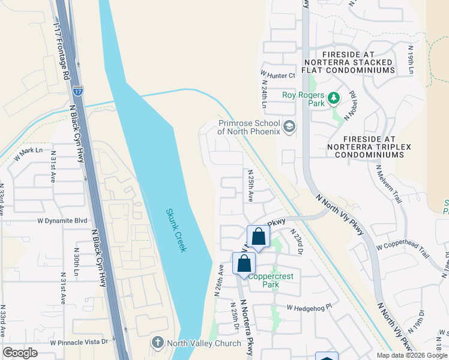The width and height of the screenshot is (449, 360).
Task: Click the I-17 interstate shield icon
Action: point(78,91)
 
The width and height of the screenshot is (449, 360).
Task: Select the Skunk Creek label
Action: point(176,230)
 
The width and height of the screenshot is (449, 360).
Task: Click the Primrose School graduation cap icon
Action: point(289,126)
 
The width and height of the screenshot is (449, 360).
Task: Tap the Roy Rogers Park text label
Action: point(303,99)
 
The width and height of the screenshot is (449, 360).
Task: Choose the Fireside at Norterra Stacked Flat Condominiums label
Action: point(349,62)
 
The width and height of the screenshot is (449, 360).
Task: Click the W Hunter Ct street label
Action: point(279,76)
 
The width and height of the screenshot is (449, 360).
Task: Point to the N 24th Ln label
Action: point(265,90)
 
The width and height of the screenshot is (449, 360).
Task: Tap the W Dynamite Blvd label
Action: point(62,221)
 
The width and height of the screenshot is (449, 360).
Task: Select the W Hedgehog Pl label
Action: point(309,308)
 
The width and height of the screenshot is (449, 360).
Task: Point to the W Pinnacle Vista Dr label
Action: point(79,341)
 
